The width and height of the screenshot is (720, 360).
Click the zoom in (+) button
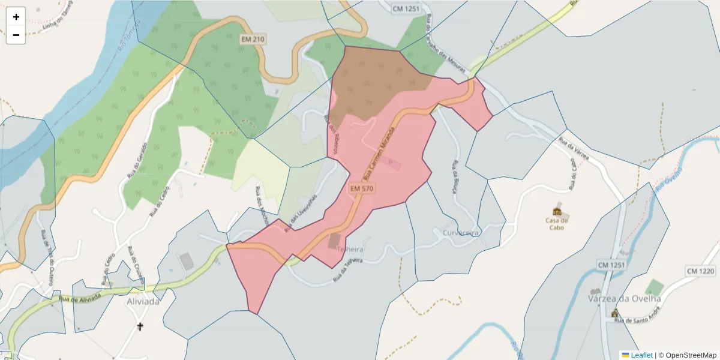(x=16, y=17)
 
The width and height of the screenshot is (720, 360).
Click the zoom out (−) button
(x=16, y=35)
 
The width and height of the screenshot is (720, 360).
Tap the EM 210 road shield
(x=253, y=39)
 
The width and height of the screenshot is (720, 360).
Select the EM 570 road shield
(x=362, y=188)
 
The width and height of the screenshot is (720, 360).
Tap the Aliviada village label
(x=143, y=301)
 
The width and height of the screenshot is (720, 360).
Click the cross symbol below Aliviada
(x=140, y=327)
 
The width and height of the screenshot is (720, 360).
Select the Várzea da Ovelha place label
(x=625, y=298)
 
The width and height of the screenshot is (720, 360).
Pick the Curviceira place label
(x=461, y=232)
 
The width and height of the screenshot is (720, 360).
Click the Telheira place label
(x=351, y=248)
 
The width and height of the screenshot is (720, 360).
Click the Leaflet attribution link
(x=641, y=355)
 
